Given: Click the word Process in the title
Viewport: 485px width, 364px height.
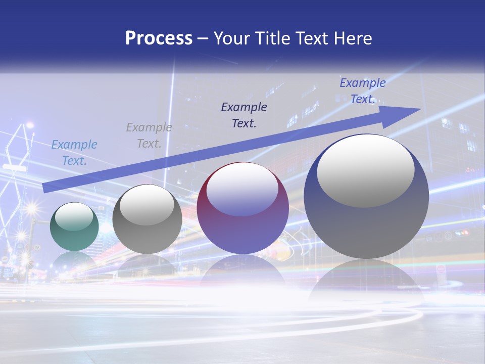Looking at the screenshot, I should coord(159,38).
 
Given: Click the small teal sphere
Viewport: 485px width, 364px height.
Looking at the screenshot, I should coord(74,227).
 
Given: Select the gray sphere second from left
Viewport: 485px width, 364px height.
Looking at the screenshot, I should coord(147,219).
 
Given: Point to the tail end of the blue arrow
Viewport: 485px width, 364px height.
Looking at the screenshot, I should coord(45,188).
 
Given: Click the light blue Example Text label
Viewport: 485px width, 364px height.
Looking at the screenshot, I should coord(74,153).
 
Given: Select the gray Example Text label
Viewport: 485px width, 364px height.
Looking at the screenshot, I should coord(149,135).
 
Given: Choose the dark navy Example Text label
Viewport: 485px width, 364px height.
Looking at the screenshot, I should coord(244,115).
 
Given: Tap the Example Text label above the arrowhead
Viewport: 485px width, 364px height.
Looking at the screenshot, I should coord(362,91).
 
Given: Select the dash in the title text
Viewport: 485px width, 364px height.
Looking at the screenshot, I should coord(203,39).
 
